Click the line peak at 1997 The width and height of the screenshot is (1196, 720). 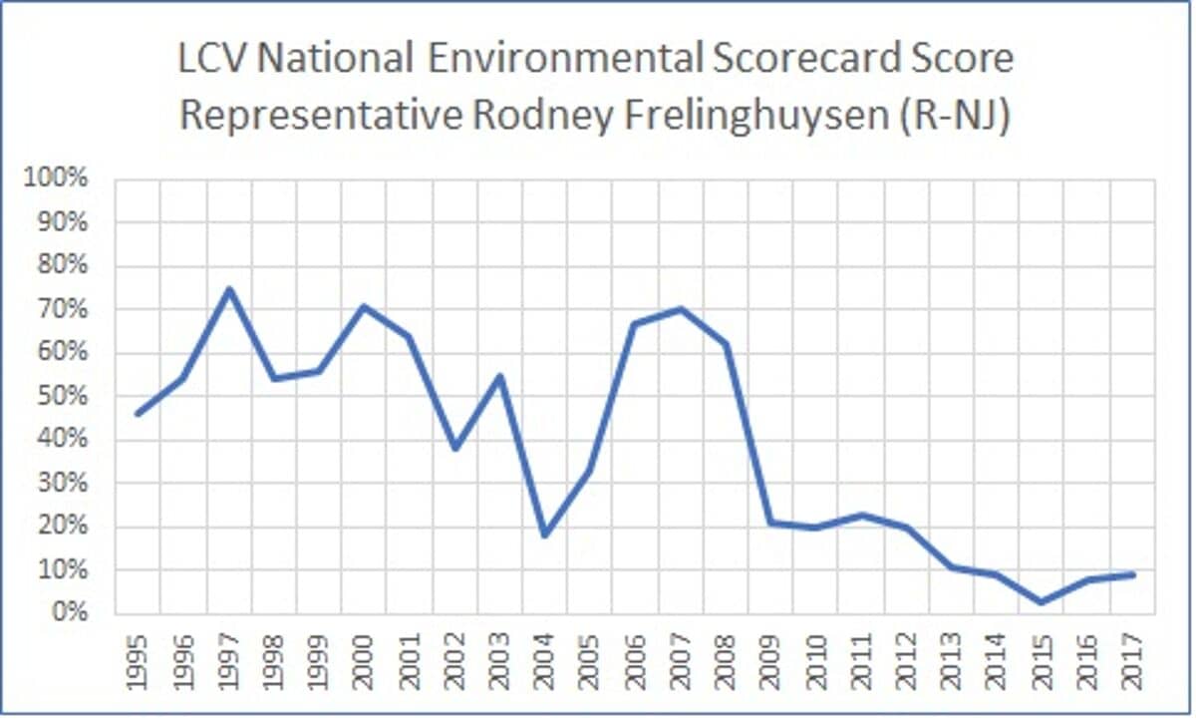pos(228,289)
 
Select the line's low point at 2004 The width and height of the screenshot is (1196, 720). pos(544,536)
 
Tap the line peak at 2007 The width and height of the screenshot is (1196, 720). pos(681,308)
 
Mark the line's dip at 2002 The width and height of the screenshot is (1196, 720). pos(454,449)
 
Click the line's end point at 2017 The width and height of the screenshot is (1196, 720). pos(1133,574)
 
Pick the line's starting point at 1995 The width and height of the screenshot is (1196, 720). pos(138,414)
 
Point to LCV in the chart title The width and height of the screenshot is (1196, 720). pos(210,60)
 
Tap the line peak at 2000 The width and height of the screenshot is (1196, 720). pos(364,306)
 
